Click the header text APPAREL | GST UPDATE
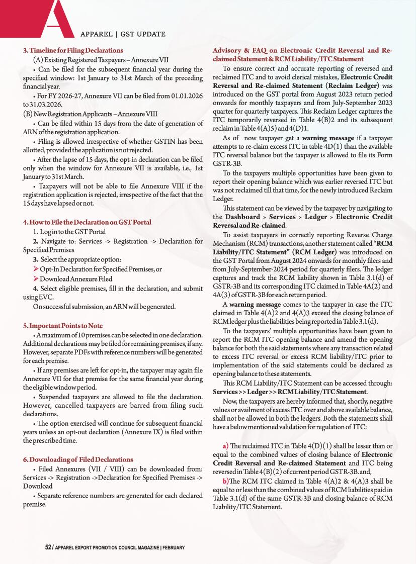(x=123, y=34)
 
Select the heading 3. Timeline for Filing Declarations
(x=73, y=50)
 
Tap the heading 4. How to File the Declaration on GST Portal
(x=87, y=222)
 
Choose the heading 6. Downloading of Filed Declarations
(x=78, y=459)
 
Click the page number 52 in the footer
(x=48, y=547)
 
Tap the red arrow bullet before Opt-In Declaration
(x=36, y=269)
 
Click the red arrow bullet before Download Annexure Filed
(x=36, y=278)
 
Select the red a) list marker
(x=225, y=446)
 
